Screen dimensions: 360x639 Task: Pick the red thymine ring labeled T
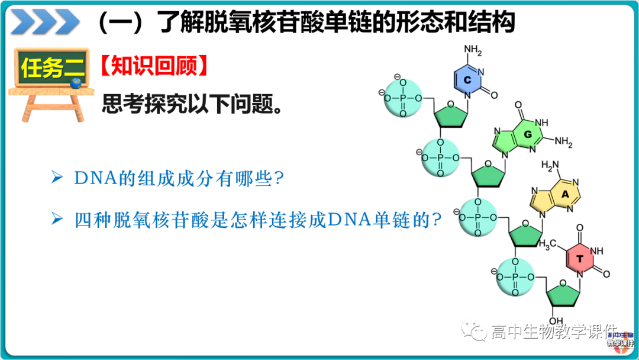click(x=580, y=259)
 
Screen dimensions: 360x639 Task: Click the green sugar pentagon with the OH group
click(x=561, y=294)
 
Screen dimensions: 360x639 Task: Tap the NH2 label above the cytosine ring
click(x=473, y=49)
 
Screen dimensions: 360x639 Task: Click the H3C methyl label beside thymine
click(x=547, y=243)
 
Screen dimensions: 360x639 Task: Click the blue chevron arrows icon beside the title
click(x=45, y=22)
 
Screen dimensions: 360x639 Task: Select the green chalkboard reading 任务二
click(x=52, y=69)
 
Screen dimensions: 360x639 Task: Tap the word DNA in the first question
click(x=96, y=178)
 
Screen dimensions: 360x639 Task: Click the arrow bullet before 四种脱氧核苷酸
click(x=57, y=220)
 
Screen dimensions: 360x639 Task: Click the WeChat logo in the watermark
click(x=475, y=330)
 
